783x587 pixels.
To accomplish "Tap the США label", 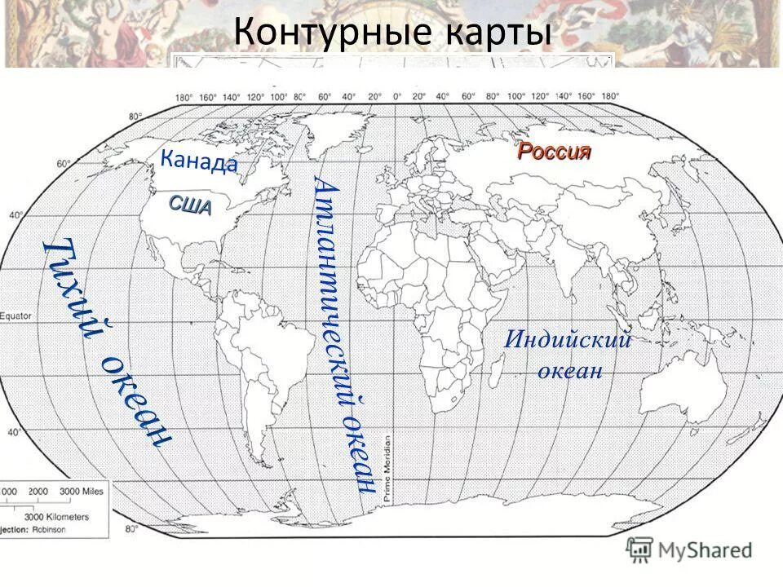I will click(191, 205).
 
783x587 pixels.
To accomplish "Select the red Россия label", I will click(554, 152).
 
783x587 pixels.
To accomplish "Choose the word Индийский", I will click(568, 339).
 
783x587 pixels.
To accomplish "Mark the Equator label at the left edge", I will click(16, 316).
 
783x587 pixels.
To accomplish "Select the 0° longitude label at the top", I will click(397, 96).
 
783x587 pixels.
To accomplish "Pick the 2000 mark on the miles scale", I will click(38, 492).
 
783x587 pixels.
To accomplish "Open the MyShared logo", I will click(690, 549).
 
